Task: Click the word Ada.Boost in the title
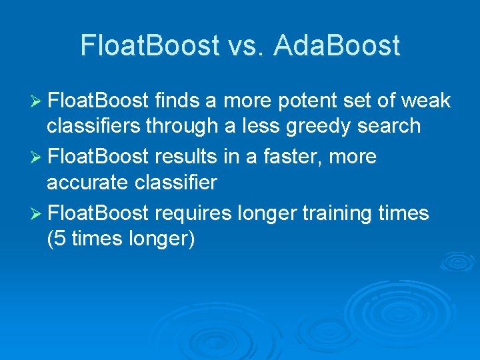337,45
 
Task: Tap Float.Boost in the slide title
149,45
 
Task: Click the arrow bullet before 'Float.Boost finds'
37,101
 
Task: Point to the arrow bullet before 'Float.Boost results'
37,157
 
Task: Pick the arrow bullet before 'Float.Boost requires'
37,213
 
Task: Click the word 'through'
188,125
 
